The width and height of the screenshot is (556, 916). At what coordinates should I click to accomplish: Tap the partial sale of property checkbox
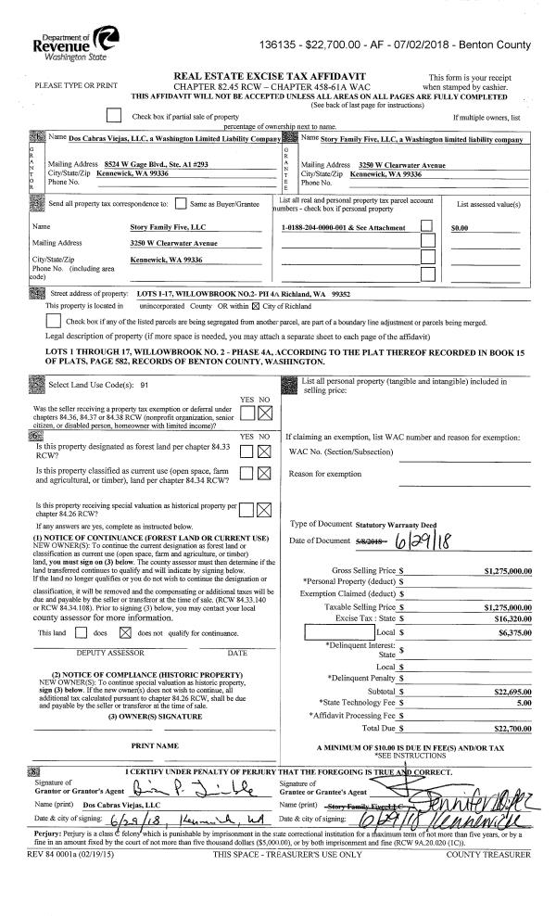click(x=114, y=116)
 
